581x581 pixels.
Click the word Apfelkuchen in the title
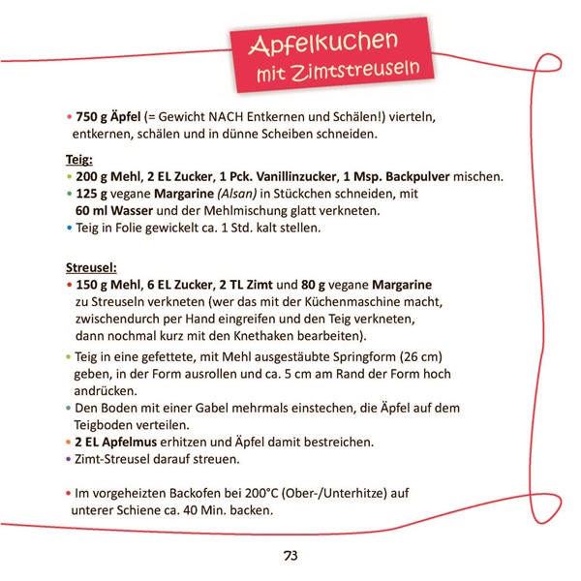[x=323, y=45]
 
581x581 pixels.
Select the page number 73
[x=290, y=555]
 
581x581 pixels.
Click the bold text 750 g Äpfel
[x=107, y=116]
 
